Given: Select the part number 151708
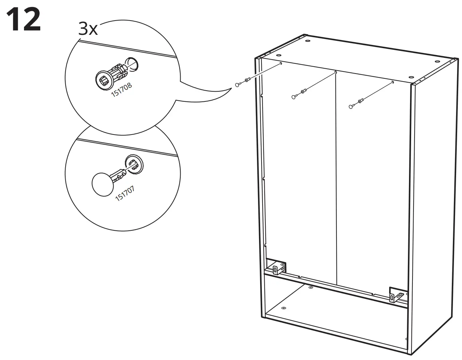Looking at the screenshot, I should pyautogui.click(x=121, y=90).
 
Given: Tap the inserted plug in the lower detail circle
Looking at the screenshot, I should pyautogui.click(x=134, y=163).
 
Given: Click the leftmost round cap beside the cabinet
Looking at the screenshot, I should pyautogui.click(x=238, y=85).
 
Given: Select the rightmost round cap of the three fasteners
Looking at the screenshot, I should pyautogui.click(x=351, y=106).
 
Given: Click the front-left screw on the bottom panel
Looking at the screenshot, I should pyautogui.click(x=283, y=308).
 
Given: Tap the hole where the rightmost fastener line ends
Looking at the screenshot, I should pyautogui.click(x=393, y=82).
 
